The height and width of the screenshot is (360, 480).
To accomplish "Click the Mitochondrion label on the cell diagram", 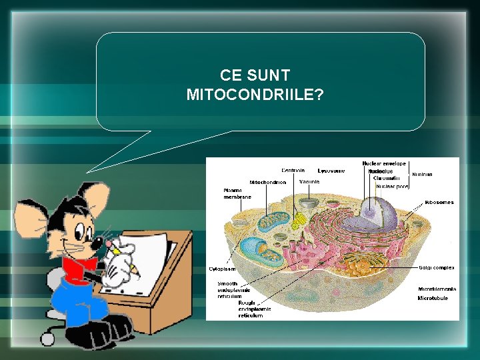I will point(268,181).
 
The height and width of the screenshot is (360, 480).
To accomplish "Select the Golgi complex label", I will point(437,268).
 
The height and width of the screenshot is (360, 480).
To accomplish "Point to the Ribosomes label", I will point(439,202).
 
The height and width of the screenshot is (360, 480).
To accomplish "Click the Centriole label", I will point(293,170).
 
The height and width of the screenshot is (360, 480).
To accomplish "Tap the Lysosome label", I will point(331,170).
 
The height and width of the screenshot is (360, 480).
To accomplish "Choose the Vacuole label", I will point(309,181).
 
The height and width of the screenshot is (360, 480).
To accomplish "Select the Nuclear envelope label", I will point(384,163).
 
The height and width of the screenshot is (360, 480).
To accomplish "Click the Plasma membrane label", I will point(237,193).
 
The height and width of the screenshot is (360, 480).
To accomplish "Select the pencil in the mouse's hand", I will point(124,257).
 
